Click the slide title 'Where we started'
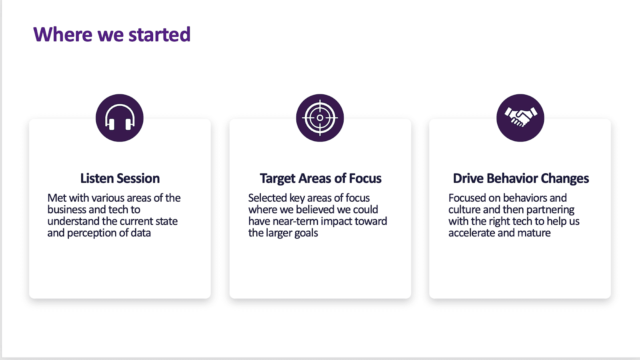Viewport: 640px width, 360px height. (x=112, y=34)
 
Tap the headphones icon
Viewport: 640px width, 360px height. (x=120, y=118)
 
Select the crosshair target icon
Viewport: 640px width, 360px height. (x=320, y=118)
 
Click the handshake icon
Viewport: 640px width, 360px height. (x=520, y=118)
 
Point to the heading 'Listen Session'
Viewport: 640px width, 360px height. (x=120, y=178)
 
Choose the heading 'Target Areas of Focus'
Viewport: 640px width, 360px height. (x=320, y=178)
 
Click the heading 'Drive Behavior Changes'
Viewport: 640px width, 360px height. (x=521, y=178)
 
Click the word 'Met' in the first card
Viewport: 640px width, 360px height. (x=57, y=198)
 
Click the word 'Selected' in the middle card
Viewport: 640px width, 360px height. (x=268, y=198)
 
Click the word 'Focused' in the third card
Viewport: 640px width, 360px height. (x=467, y=198)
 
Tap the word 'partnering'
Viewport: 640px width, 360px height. (x=550, y=210)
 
